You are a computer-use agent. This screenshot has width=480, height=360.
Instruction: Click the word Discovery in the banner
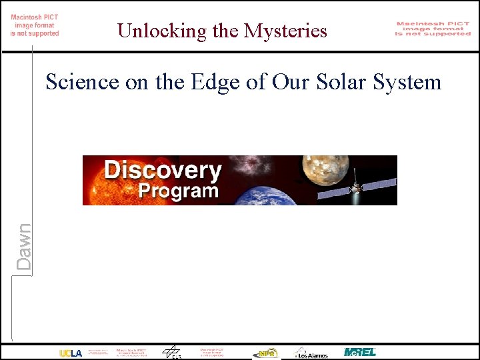[163, 170]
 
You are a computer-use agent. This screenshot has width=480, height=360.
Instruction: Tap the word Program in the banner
[179, 191]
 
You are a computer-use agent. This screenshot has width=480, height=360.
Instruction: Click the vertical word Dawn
[24, 247]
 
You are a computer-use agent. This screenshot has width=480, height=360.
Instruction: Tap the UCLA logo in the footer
[71, 353]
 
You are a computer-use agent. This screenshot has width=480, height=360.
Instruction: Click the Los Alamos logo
[311, 353]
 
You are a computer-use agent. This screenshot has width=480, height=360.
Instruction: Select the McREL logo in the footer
[360, 352]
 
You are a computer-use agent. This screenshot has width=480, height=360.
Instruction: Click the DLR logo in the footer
[173, 352]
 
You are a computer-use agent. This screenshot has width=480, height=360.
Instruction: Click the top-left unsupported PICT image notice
[35, 25]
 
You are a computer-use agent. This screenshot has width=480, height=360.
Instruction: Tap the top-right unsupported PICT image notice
[433, 29]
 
